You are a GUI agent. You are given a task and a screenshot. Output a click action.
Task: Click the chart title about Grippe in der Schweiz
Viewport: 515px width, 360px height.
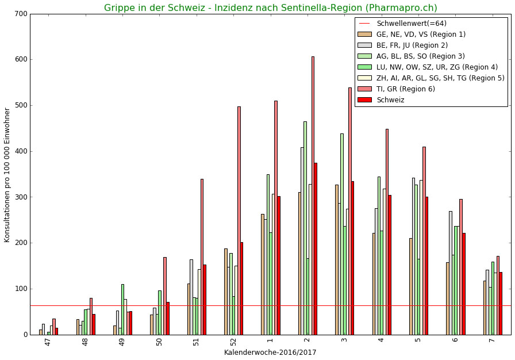[270, 8]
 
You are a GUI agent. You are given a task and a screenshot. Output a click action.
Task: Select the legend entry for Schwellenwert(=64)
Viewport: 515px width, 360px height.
[411, 24]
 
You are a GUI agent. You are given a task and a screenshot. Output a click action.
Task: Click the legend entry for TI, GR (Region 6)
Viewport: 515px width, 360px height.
[405, 89]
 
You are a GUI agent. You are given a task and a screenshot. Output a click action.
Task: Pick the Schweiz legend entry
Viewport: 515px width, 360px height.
[390, 100]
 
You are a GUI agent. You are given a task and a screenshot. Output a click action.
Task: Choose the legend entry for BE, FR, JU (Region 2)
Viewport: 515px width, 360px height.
[412, 45]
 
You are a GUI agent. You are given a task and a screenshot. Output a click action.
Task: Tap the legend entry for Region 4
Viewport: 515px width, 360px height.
[437, 67]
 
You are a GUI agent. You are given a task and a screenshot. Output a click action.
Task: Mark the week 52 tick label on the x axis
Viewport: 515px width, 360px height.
[233, 342]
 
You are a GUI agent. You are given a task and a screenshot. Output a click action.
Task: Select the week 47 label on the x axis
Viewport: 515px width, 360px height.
[48, 342]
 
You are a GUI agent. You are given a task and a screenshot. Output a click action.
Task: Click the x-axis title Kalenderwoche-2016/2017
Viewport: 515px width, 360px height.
[270, 352]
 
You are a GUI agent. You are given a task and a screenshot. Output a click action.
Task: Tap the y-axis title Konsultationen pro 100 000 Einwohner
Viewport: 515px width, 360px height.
[7, 175]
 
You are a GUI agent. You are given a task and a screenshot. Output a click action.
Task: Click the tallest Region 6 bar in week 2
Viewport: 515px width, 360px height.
[313, 196]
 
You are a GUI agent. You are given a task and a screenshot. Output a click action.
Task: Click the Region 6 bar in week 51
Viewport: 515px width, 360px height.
[202, 256]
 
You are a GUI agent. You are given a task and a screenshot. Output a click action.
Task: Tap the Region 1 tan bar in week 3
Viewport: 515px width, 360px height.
[336, 259]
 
